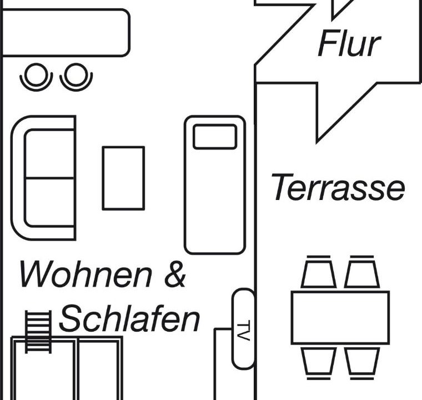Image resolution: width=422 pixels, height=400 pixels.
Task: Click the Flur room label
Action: [349, 44]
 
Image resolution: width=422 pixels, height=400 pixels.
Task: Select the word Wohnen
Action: [86, 274]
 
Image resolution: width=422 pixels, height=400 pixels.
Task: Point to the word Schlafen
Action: [129, 318]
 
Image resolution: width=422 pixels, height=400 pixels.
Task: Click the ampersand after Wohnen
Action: [175, 274]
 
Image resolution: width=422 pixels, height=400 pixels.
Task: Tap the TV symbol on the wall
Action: [243, 328]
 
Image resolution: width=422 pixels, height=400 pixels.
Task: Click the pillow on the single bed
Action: [215, 137]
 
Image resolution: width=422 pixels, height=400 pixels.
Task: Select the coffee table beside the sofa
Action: [123, 178]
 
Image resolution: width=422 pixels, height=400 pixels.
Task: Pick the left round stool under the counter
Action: [36, 77]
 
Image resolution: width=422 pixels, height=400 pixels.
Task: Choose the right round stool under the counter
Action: [76, 77]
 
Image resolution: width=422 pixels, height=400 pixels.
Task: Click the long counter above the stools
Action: [66, 33]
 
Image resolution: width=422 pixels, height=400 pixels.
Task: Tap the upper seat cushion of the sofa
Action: [49, 153]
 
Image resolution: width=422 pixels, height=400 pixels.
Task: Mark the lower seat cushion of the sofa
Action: [49, 203]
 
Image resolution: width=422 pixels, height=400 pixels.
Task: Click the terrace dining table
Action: [340, 318]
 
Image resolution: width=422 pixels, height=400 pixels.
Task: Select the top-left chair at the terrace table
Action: [319, 271]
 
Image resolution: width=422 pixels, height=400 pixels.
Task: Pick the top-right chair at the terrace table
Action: [362, 271]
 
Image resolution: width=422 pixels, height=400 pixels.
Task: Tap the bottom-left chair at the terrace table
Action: [319, 363]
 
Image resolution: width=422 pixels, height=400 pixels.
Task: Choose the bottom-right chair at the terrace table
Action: [362, 363]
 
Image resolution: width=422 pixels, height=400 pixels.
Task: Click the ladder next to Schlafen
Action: [38, 332]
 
